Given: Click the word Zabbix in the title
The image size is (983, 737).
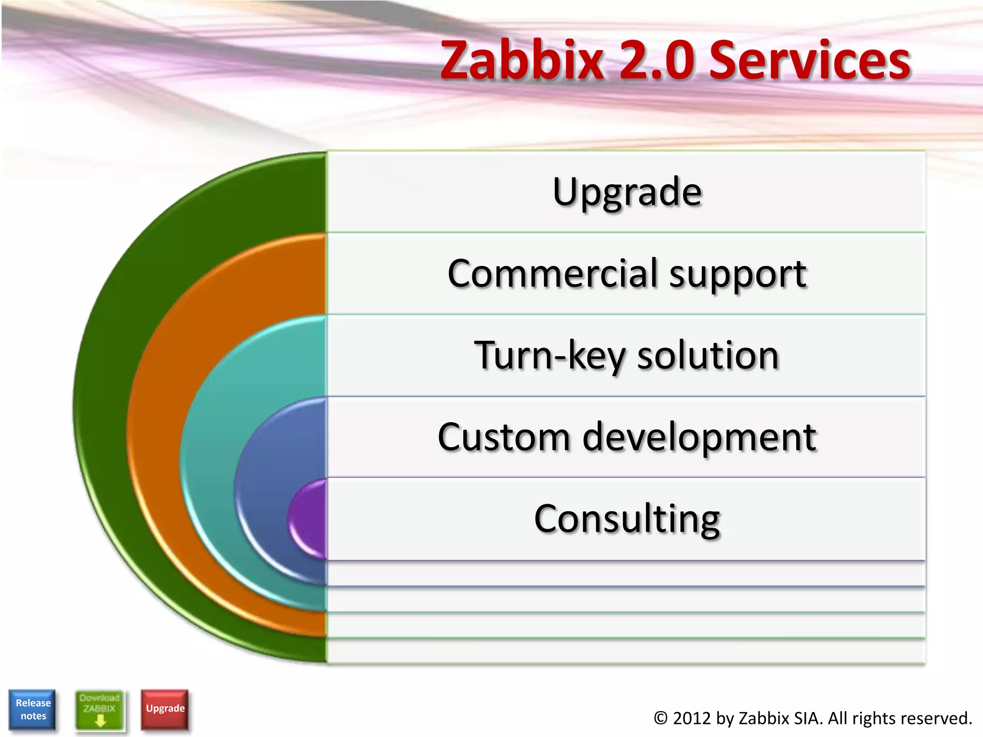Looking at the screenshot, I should pos(522,60).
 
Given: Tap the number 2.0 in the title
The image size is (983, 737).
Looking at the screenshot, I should pos(657,60).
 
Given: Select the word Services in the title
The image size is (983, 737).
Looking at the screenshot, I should pos(810,60).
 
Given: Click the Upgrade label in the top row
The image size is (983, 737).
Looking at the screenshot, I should pos(627,192).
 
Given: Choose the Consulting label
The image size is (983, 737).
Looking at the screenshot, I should pos(627,519).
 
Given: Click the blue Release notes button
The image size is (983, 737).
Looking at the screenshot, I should pos(33,710).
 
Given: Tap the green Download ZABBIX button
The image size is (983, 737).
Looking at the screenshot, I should pos(99,710).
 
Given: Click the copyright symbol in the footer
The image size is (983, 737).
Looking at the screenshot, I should pos(660,718).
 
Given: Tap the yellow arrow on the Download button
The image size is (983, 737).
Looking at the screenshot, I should pos(100,720).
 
